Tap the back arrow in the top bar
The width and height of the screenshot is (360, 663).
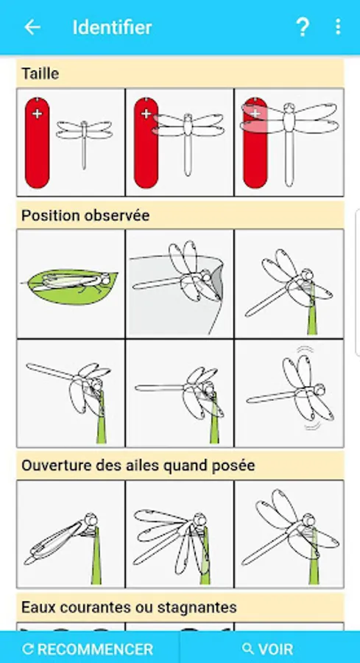click(32, 27)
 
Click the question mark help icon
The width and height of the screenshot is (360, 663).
click(303, 27)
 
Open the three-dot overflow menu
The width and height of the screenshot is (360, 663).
click(338, 27)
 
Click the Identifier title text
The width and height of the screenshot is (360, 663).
click(112, 27)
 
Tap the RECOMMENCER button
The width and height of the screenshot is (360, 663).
click(90, 649)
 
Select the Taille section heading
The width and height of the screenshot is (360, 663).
click(40, 74)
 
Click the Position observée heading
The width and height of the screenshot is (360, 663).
click(85, 216)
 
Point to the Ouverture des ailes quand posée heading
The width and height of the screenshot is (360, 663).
click(138, 466)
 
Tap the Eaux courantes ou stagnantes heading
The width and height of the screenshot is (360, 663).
click(129, 608)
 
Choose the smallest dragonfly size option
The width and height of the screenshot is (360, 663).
click(71, 142)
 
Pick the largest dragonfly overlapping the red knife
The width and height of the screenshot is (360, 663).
click(289, 142)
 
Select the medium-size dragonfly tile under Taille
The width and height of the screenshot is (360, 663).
click(180, 142)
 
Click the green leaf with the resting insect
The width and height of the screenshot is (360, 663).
click(70, 287)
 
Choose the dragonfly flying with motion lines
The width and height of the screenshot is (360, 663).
click(289, 393)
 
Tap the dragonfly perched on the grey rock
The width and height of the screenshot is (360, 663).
click(180, 284)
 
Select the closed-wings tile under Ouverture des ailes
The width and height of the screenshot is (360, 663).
click(71, 534)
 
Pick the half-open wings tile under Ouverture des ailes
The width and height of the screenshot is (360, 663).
click(180, 534)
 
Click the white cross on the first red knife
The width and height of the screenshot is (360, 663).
click(38, 114)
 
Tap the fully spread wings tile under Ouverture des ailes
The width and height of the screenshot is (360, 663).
click(289, 534)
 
